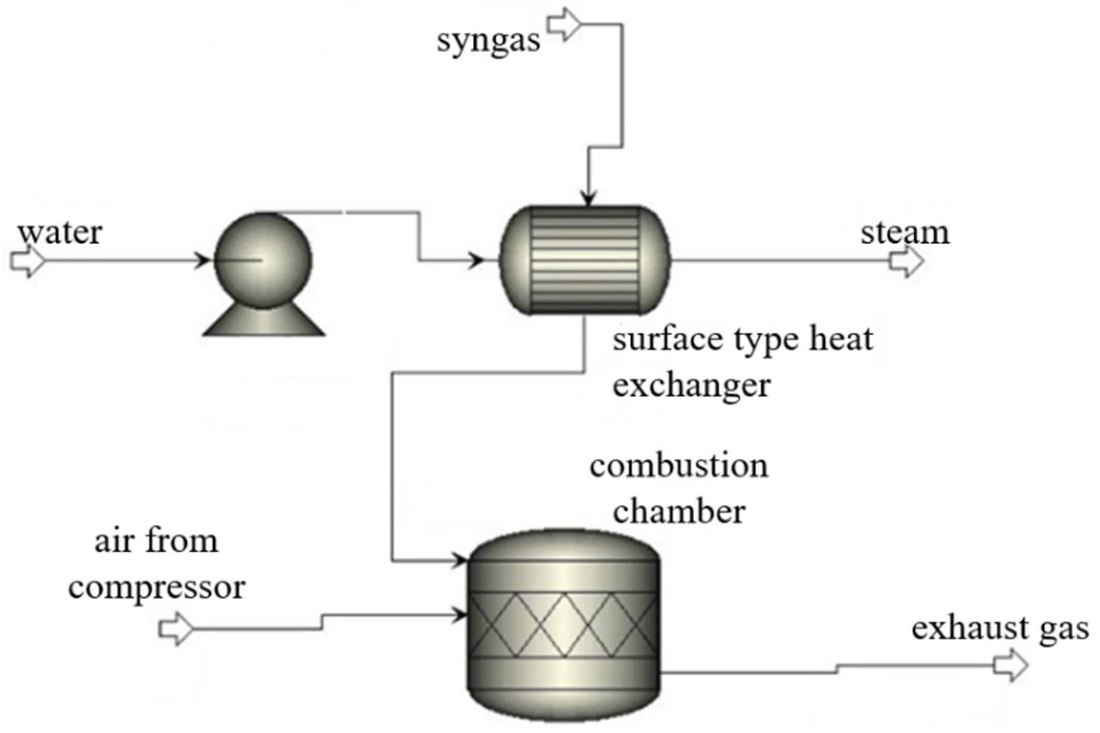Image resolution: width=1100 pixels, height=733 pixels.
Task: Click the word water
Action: pos(60,233)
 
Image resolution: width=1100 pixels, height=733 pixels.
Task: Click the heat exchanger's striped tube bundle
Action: pos(585,260)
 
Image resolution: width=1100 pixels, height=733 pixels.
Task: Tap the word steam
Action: pos(904,233)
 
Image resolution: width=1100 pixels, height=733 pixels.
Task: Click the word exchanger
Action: pos(691,385)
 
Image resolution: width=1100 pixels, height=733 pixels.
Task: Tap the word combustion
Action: pos(679,466)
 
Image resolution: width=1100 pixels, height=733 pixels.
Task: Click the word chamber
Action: pos(679,512)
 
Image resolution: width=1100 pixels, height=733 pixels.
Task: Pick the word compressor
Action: pos(156,587)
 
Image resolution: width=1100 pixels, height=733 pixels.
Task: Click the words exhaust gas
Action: pos(1000,629)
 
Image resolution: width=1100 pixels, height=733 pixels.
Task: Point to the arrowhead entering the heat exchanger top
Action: pos(588,198)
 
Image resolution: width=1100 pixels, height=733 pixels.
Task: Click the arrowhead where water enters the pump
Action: pos(202,260)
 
